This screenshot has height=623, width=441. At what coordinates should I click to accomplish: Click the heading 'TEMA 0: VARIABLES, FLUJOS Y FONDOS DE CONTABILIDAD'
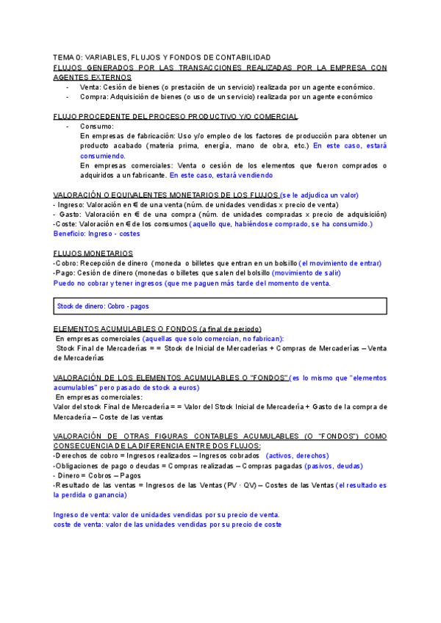[x=162, y=57]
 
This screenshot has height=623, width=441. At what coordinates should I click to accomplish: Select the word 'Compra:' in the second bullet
[x=94, y=96]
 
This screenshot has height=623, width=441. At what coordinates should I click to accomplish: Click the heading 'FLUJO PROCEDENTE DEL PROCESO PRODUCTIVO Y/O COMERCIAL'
[x=176, y=116]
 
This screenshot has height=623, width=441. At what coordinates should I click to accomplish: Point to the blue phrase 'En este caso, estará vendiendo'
[x=220, y=176]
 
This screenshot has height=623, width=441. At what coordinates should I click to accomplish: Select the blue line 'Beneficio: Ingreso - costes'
[x=96, y=234]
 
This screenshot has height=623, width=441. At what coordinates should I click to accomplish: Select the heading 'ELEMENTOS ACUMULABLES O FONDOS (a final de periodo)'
[x=158, y=328]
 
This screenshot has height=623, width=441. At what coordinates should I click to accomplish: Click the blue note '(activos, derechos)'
[x=298, y=455]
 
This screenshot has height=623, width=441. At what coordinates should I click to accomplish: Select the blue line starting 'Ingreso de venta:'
[x=166, y=515]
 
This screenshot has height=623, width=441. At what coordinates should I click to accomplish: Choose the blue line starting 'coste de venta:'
[x=167, y=525]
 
